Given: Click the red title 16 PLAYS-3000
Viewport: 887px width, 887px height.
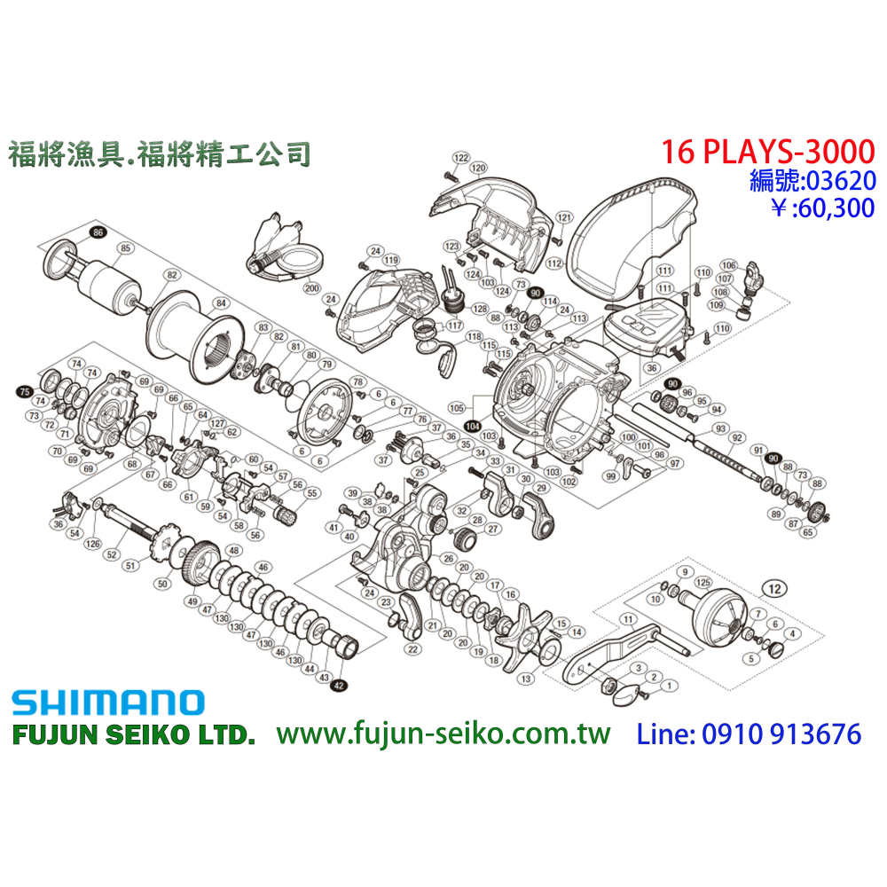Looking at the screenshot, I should pyautogui.click(x=767, y=152).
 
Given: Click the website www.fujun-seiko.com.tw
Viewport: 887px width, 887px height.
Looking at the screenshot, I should pyautogui.click(x=443, y=734).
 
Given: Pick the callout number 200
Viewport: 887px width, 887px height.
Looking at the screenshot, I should pyautogui.click(x=310, y=288).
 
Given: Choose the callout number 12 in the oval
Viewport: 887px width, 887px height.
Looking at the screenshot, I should pyautogui.click(x=774, y=588).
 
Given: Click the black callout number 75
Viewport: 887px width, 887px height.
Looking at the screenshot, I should pyautogui.click(x=25, y=390).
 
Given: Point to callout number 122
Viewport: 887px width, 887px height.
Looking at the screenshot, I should pyautogui.click(x=460, y=158).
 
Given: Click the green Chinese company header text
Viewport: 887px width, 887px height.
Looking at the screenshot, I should pyautogui.click(x=159, y=155).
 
